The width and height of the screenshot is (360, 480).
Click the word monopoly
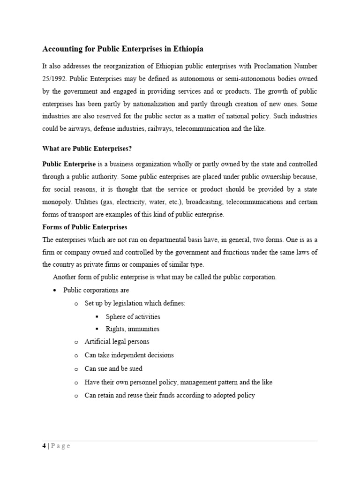[57, 202]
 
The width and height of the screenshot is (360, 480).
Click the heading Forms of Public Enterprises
[84, 227]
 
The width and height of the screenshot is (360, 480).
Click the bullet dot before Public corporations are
[55, 291]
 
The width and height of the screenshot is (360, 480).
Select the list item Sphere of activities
[133, 316]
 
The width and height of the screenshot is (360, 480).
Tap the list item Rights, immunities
[132, 329]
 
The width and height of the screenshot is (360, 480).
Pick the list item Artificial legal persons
[117, 342]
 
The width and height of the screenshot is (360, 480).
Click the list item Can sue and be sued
[113, 368]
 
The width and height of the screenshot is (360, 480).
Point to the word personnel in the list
[146, 382]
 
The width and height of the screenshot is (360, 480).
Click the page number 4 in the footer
[44, 446]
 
